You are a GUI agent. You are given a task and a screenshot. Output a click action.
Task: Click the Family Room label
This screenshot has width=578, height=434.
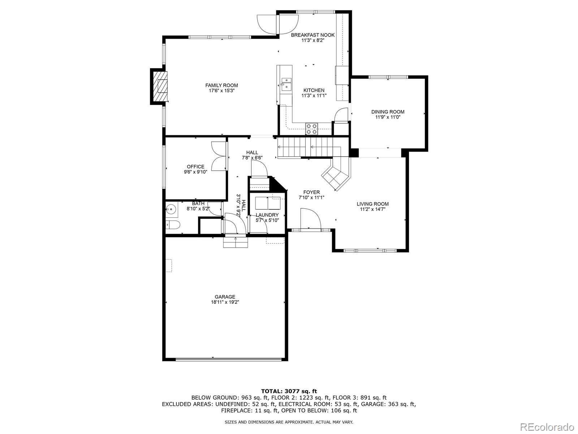click(221, 85)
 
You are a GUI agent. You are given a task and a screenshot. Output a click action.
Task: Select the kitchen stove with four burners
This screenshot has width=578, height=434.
click(312, 129)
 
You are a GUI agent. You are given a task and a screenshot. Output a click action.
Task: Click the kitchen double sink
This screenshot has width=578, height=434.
click(286, 84)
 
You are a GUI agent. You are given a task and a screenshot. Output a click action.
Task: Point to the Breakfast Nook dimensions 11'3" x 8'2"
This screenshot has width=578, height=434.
click(313, 41)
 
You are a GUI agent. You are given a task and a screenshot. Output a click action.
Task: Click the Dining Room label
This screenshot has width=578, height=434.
click(388, 112)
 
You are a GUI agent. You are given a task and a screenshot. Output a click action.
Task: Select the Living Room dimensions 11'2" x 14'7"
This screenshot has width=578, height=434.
click(372, 209)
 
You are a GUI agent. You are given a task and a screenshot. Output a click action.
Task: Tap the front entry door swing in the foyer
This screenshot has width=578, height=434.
click(310, 219)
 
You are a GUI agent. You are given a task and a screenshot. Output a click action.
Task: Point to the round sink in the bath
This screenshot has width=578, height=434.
click(171, 209)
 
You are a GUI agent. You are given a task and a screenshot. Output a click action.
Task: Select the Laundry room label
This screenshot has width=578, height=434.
click(267, 215)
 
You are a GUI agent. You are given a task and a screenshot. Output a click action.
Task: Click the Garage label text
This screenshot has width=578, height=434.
click(225, 297)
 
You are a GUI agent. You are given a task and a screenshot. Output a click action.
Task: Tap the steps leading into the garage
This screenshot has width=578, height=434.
click(236, 242)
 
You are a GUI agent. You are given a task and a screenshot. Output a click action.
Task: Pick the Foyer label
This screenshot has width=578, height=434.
click(311, 192)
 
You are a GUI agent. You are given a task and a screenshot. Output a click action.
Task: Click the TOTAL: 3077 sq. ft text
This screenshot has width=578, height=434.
click(289, 391)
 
